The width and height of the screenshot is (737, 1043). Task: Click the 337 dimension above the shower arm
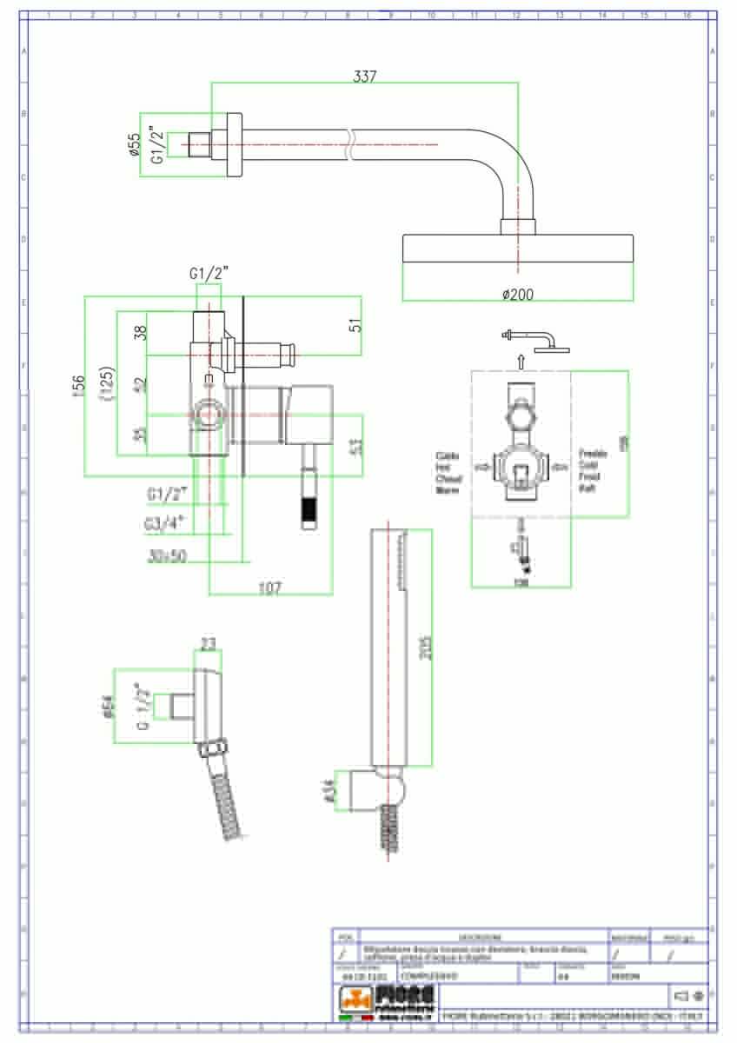[x=365, y=76]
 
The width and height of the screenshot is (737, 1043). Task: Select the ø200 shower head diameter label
[x=518, y=294]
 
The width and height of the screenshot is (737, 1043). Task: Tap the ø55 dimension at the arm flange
[x=134, y=145]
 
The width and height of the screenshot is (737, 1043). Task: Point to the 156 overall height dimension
[x=78, y=386]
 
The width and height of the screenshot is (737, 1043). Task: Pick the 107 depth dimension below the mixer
[x=270, y=588]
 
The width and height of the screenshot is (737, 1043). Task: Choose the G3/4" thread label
[x=164, y=525]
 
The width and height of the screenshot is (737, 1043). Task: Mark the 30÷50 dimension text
[x=167, y=557]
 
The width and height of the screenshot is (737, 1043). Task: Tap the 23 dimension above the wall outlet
[x=208, y=644]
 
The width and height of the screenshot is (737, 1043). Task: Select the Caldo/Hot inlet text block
[x=449, y=472]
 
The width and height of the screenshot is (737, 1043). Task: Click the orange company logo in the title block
[x=355, y=1005]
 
